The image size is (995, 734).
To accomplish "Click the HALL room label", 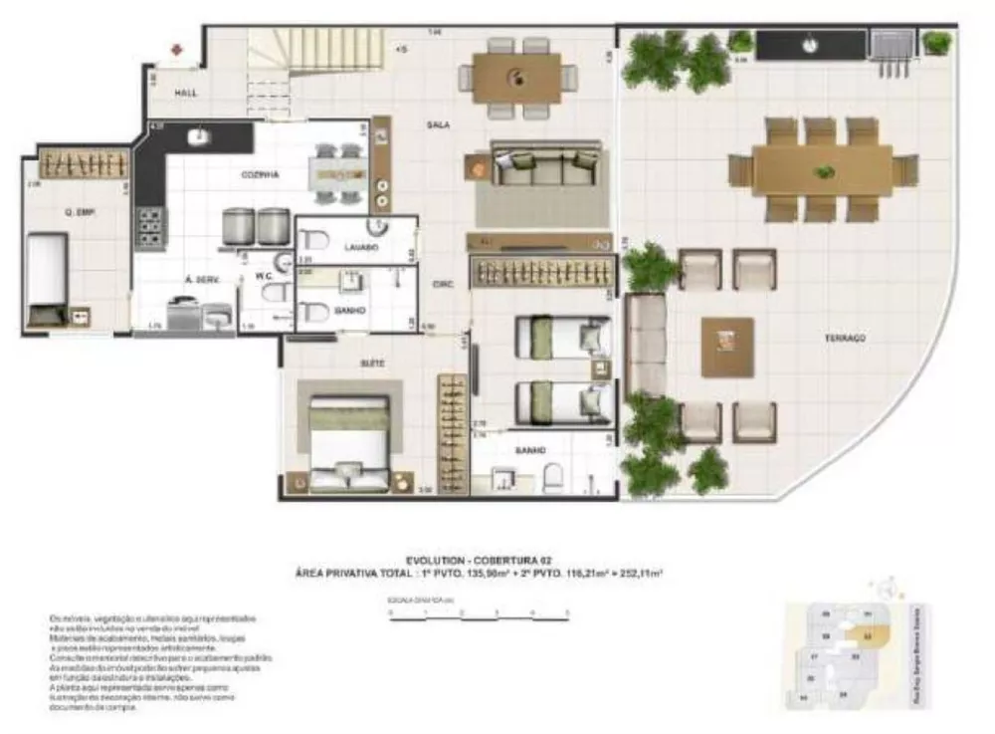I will point(186,93).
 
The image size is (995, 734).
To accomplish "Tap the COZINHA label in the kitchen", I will point(260,174).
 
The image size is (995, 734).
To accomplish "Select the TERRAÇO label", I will point(845,339).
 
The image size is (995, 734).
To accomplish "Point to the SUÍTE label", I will point(373,364).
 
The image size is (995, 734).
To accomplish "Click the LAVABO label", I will point(360,246).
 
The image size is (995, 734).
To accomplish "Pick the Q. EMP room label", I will point(79,211).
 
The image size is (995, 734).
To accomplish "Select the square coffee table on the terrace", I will point(727,347).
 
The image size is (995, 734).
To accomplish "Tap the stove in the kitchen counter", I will point(151,227).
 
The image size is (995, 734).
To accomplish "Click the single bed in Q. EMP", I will point(46,274).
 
